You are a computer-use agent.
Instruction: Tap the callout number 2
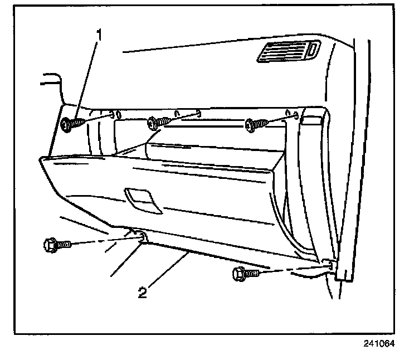click(x=143, y=292)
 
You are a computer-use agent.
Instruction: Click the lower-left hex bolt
click(x=54, y=244)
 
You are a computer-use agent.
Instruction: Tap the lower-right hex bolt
click(x=243, y=274)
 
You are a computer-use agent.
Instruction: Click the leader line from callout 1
click(x=86, y=78)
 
